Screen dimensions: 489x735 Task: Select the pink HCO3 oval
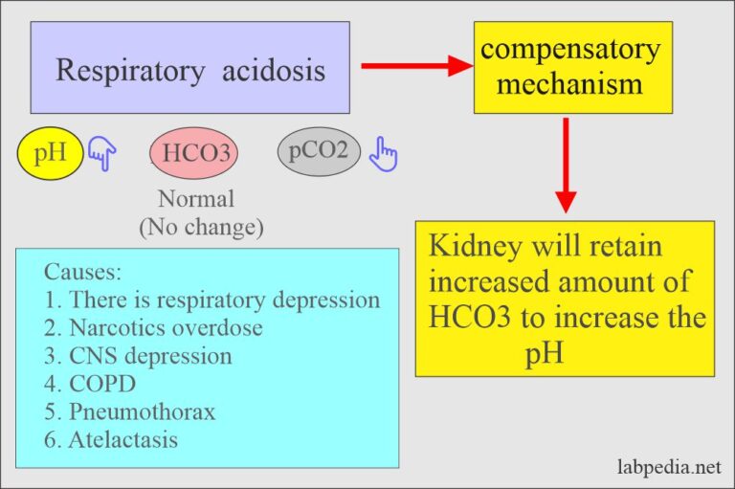[195, 153]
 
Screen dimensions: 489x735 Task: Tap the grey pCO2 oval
[318, 150]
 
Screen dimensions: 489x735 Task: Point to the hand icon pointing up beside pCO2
[384, 154]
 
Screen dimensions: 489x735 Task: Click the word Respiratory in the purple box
[122, 70]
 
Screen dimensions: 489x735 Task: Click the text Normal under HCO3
[195, 200]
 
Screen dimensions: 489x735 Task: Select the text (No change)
[201, 229]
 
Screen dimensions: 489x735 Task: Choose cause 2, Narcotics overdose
[153, 327]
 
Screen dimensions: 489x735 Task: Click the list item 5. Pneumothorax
[129, 411]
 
